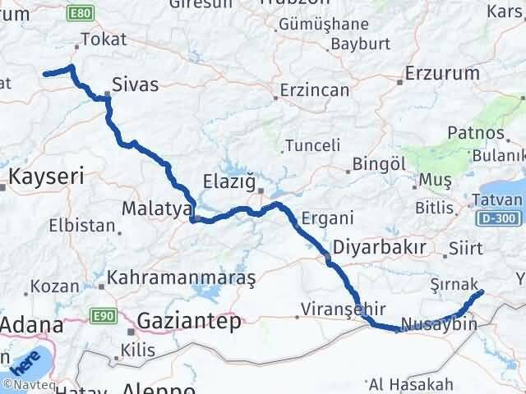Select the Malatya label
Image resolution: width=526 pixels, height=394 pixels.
click(155, 208)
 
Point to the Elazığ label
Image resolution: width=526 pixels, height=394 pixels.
click(230, 181)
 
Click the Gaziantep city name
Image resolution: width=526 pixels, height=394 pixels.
click(189, 321)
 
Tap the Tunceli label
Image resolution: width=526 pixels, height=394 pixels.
click(312, 146)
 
